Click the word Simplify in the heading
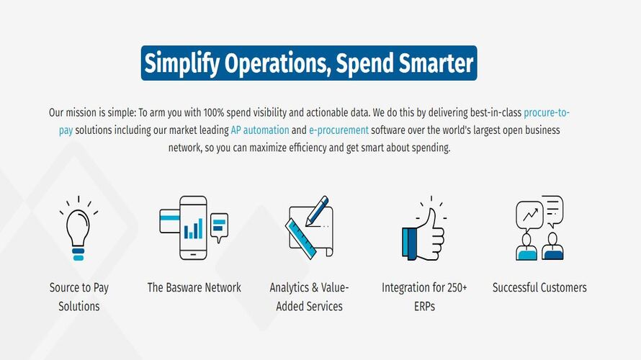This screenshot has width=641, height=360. [182, 64]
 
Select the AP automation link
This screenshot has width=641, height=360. [260, 130]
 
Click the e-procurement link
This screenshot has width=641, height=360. [339, 130]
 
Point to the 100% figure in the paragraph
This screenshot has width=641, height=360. [214, 112]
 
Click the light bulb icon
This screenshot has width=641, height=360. [79, 228]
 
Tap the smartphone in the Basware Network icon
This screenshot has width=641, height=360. [193, 228]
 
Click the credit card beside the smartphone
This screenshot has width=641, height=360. [169, 221]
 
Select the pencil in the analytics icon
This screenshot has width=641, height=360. [316, 210]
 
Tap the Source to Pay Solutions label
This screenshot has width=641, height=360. [79, 297]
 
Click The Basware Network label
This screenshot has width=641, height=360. [194, 287]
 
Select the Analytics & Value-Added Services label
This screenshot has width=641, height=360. [309, 297]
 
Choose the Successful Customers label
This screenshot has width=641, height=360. [539, 287]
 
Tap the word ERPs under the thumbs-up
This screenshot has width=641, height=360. [424, 306]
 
